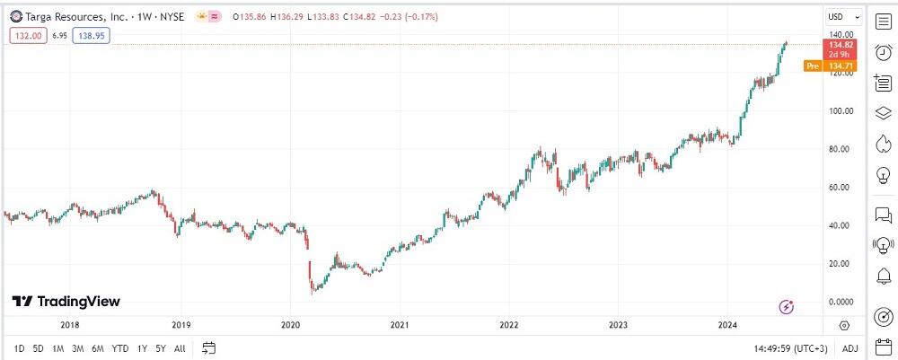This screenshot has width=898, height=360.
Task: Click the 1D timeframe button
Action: (x=20, y=348)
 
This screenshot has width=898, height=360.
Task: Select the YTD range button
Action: (x=120, y=348)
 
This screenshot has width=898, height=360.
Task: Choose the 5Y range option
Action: (x=160, y=348)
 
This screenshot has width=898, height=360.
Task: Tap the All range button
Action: (x=180, y=348)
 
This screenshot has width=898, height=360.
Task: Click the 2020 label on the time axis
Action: (x=290, y=325)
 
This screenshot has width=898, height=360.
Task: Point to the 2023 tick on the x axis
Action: (x=618, y=325)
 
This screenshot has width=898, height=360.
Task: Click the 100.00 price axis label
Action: (x=839, y=111)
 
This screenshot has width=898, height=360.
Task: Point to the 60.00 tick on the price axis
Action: (x=839, y=188)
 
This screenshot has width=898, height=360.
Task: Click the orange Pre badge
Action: (x=813, y=66)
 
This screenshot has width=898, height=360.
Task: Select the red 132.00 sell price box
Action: (x=26, y=35)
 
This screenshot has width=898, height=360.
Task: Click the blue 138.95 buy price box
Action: (x=92, y=35)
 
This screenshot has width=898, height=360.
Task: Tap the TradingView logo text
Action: (x=67, y=302)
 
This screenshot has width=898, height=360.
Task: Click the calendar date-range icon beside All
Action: (x=209, y=348)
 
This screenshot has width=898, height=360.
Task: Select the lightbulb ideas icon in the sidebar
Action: (x=882, y=175)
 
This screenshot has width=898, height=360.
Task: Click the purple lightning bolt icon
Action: (x=788, y=307)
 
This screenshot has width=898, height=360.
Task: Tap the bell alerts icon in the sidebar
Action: (x=882, y=275)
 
